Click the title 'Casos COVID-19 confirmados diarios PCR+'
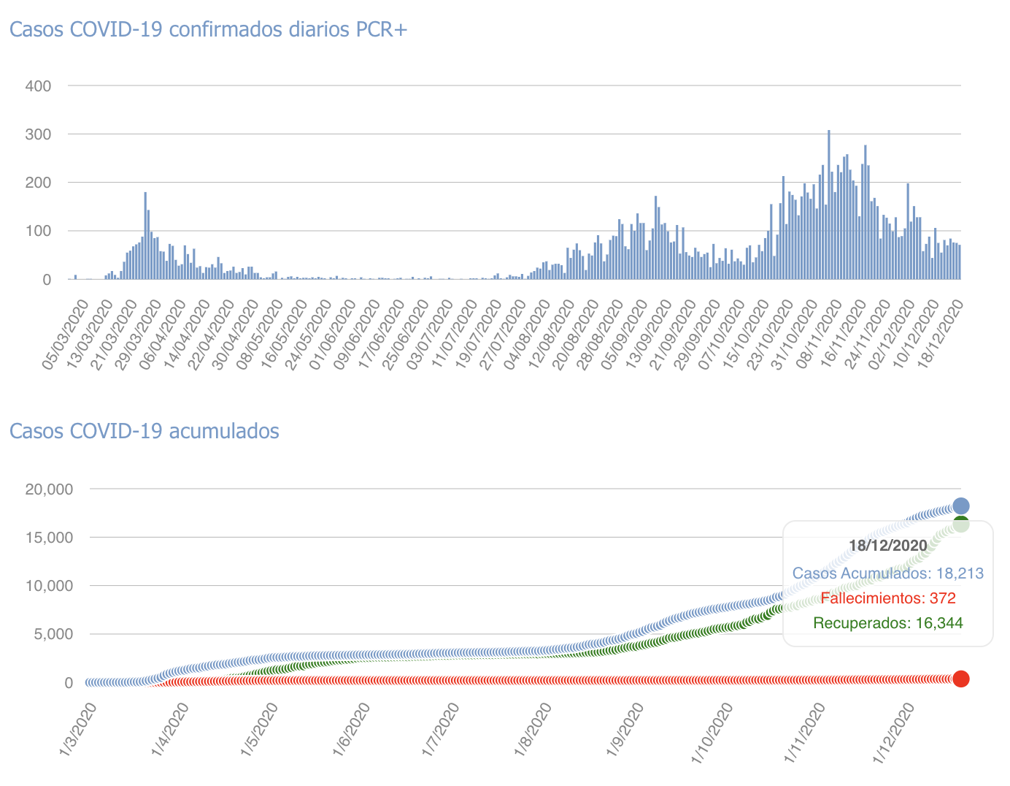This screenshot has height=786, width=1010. coord(208,29)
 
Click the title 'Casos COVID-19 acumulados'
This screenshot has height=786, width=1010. coord(144,431)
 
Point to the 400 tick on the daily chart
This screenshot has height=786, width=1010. coord(37,86)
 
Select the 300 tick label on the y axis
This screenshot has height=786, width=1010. coord(37,134)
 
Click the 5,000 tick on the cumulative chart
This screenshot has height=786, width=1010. coord(50,634)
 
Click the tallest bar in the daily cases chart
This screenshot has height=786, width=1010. coord(828,205)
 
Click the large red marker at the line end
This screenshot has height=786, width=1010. coord(961,679)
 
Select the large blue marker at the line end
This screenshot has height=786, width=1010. coord(961,505)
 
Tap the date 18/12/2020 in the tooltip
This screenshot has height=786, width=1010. coord(887,546)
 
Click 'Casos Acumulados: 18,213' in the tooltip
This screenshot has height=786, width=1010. coord(887,573)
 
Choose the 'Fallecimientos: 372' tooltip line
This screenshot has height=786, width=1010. coord(887,599)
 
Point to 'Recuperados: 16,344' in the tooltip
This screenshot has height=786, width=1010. coord(887,623)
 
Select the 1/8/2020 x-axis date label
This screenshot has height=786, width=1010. coord(534,730)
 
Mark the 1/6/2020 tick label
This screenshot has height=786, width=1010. coord(352,730)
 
